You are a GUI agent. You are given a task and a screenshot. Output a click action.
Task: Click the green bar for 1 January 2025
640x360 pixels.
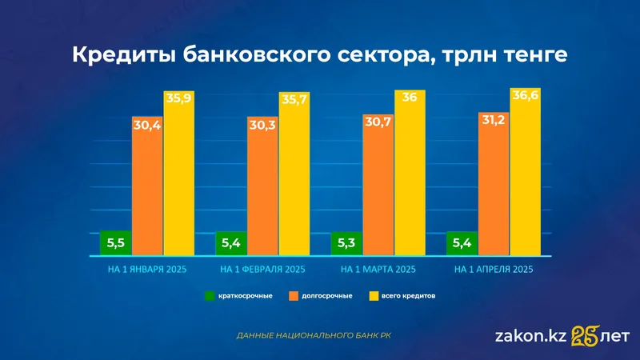pyautogui.click(x=116, y=242)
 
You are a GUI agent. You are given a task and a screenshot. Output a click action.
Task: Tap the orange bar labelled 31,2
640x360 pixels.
pyautogui.click(x=494, y=188)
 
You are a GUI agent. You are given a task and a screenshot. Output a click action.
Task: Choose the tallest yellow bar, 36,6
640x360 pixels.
pyautogui.click(x=526, y=176)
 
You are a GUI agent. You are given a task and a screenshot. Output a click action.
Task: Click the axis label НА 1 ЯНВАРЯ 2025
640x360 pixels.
pyautogui.click(x=147, y=270)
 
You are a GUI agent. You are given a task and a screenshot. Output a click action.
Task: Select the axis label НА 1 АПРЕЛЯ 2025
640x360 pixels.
pyautogui.click(x=494, y=270)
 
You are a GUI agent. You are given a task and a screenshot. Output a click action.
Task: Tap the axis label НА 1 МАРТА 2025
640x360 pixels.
pyautogui.click(x=378, y=270)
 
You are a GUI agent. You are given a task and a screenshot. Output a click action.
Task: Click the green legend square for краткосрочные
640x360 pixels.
pyautogui.click(x=210, y=296)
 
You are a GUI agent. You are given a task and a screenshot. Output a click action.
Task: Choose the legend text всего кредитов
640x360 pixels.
pyautogui.click(x=409, y=296)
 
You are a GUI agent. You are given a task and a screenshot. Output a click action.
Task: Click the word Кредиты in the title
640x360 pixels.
pyautogui.click(x=120, y=56)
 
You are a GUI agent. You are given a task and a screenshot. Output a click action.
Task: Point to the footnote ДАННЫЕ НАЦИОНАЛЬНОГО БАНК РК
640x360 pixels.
pyautogui.click(x=314, y=336)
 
